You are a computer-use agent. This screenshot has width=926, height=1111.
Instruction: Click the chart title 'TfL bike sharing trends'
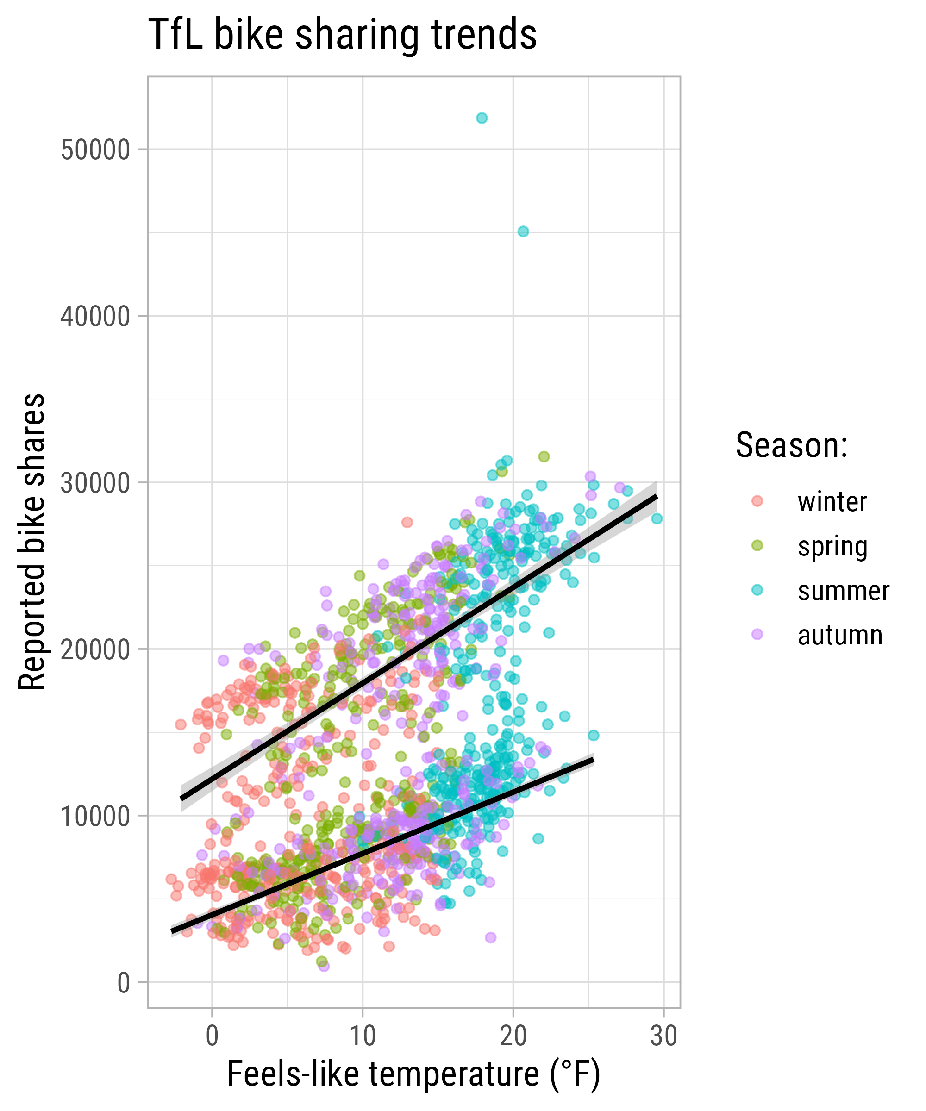click(x=342, y=35)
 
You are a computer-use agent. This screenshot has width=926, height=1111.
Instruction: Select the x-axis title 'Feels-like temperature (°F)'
click(x=413, y=1074)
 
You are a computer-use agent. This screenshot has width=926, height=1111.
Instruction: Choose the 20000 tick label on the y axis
click(x=95, y=649)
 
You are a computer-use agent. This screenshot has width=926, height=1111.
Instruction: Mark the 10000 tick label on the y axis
click(x=95, y=816)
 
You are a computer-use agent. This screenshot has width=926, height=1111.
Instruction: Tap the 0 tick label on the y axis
click(x=123, y=983)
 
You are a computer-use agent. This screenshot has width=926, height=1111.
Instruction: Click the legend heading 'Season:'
click(x=792, y=445)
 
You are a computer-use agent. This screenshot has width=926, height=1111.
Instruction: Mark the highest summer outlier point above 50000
click(x=482, y=118)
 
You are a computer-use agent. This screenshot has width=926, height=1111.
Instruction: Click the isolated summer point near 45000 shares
click(x=523, y=231)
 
